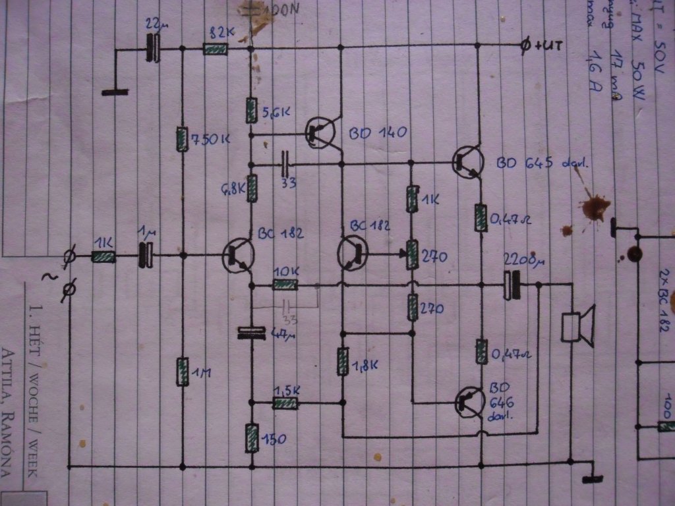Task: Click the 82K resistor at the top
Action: tap(215, 49)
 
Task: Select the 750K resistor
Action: tap(182, 139)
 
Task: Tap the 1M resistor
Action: tap(182, 372)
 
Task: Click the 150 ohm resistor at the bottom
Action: tap(251, 438)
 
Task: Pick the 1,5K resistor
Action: tap(285, 403)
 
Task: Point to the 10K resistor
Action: tap(285, 285)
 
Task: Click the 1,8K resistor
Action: tap(342, 362)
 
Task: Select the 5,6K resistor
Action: tap(251, 110)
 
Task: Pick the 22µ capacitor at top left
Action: tap(154, 49)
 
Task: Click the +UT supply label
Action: tap(544, 46)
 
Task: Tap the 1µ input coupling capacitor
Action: tap(146, 255)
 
